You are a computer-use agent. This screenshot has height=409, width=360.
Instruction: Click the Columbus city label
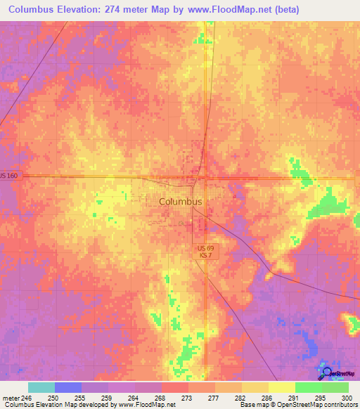click(181, 201)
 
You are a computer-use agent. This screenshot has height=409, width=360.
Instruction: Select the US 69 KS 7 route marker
click(204, 252)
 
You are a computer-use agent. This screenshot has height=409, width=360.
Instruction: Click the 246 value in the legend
click(27, 398)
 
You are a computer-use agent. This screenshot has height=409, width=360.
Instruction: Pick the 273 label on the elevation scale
click(186, 398)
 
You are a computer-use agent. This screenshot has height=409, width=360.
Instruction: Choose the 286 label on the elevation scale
click(266, 398)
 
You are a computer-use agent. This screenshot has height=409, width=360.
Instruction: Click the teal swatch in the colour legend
click(41, 387)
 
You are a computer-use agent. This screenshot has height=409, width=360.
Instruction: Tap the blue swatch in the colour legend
click(68, 387)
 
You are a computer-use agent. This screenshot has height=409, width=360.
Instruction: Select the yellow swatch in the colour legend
click(281, 387)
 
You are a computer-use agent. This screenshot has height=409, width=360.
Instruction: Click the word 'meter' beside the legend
click(11, 398)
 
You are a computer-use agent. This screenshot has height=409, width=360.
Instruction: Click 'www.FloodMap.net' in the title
click(220, 10)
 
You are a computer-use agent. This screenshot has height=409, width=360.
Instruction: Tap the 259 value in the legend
click(106, 398)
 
